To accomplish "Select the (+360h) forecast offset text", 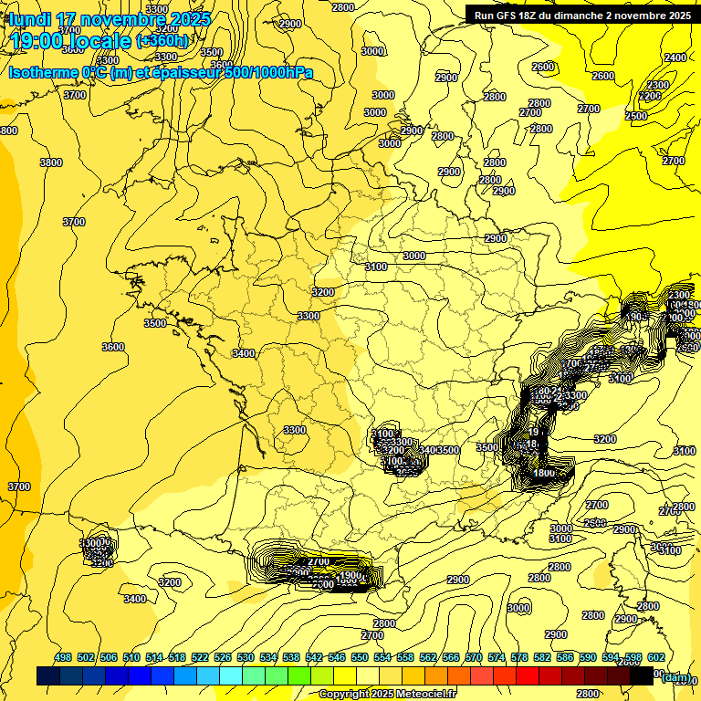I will [162, 40].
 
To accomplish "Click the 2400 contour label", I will [675, 58].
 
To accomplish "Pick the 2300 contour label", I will [657, 85].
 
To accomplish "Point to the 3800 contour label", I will [51, 162].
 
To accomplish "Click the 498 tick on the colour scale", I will [63, 657].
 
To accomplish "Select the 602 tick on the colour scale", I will [654, 657].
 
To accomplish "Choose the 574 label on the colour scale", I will [496, 657].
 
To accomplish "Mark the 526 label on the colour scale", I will [223, 657].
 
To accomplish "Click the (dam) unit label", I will [675, 676].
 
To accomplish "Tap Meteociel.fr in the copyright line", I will [422, 695].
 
